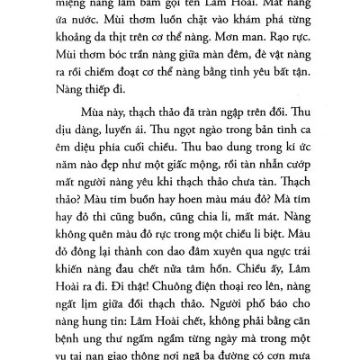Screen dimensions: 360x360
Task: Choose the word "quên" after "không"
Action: point(99,285)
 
